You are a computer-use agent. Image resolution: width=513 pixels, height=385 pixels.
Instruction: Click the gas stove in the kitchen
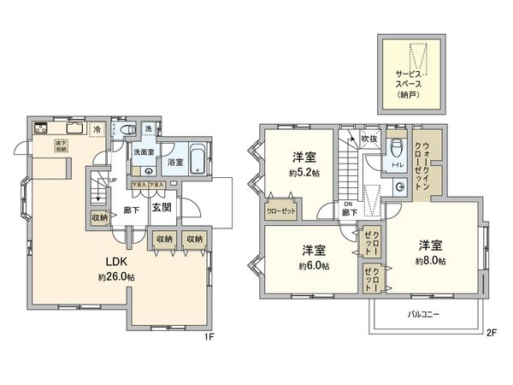[x=40, y=129]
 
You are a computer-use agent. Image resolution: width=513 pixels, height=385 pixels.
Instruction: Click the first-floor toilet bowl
[x=127, y=129]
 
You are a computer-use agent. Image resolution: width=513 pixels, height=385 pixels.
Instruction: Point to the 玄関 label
[x=162, y=207]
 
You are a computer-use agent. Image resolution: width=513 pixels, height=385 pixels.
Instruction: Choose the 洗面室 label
[x=142, y=152]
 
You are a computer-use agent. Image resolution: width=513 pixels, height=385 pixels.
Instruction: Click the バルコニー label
[x=422, y=316]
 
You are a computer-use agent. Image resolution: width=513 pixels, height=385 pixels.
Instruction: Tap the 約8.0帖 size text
[x=430, y=260]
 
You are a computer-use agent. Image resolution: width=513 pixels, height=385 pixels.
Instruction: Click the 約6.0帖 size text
[x=314, y=266]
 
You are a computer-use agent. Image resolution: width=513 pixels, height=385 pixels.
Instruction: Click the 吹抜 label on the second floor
[x=369, y=137]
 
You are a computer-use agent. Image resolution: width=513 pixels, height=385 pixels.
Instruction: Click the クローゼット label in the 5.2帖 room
[x=279, y=210]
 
